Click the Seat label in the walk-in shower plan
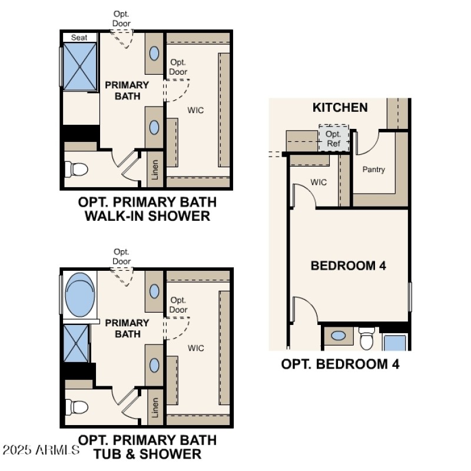tap(79, 38)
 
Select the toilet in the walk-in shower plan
tap(77, 170)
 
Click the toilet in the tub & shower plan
tap(77, 406)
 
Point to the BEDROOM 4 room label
tap(348, 266)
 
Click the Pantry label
tap(374, 170)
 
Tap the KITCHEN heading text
tap(340, 107)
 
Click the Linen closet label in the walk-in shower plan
tap(155, 170)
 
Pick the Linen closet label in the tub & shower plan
tap(155, 407)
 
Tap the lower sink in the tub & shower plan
tap(154, 365)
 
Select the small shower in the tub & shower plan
tap(77, 341)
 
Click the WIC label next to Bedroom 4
tap(319, 182)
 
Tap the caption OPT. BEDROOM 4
tap(340, 364)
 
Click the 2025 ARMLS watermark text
tap(41, 450)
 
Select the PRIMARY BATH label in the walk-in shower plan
tap(127, 90)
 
